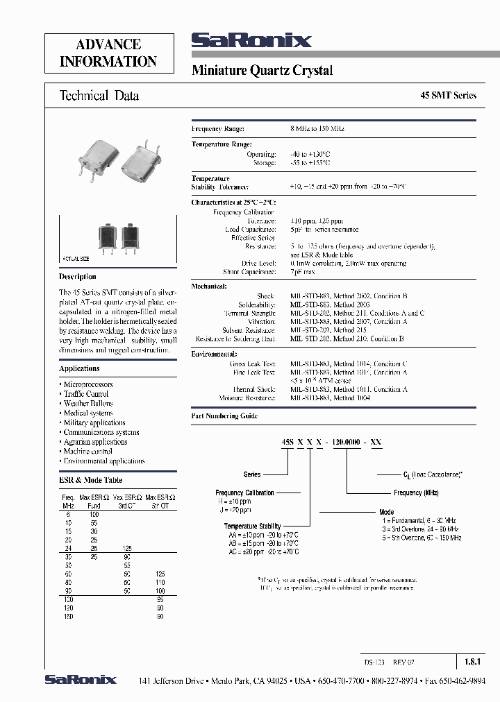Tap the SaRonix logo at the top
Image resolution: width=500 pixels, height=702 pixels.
click(x=251, y=42)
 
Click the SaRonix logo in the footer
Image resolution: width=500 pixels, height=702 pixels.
click(x=81, y=680)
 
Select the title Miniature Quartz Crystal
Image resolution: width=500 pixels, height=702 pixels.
click(x=262, y=71)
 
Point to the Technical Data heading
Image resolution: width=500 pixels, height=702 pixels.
click(x=99, y=96)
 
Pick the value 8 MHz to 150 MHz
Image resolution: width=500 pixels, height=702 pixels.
click(x=317, y=129)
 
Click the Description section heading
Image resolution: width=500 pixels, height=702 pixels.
click(x=78, y=276)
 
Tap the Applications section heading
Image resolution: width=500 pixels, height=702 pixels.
click(x=79, y=368)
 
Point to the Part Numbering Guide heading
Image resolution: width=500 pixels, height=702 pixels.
click(x=224, y=416)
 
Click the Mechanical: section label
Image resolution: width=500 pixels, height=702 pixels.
click(x=209, y=286)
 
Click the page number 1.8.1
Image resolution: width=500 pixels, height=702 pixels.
click(x=470, y=661)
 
